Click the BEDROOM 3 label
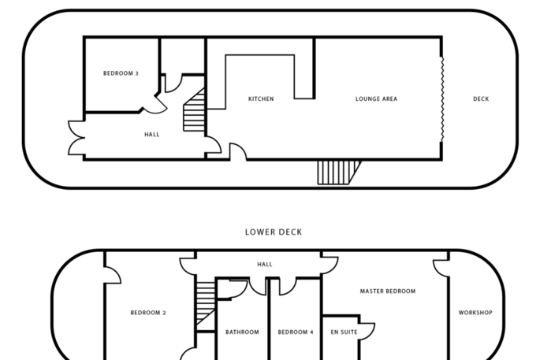click(x=121, y=73)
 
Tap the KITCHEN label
click(x=261, y=99)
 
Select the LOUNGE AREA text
click(x=376, y=99)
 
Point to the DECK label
click(x=481, y=99)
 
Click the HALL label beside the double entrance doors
click(x=152, y=135)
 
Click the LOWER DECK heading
click(x=273, y=232)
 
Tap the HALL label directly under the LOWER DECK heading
click(x=265, y=264)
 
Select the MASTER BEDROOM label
click(x=387, y=291)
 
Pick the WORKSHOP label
click(x=475, y=313)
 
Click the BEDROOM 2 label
click(x=148, y=313)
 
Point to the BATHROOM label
click(x=242, y=332)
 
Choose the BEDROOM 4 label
click(x=296, y=332)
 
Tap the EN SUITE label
click(x=344, y=332)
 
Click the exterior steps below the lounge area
click(x=337, y=172)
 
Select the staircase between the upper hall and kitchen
click(x=195, y=111)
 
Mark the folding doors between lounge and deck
click(x=441, y=99)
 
